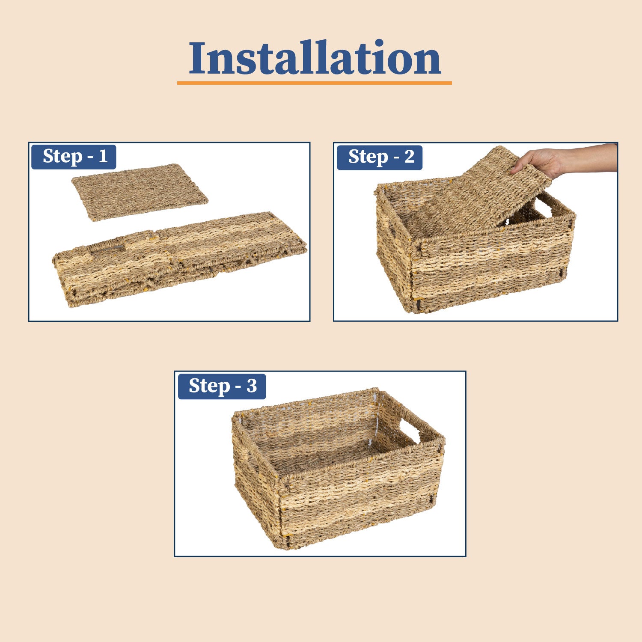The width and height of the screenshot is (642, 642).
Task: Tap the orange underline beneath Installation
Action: (315, 83)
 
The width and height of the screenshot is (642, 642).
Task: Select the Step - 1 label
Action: (74, 157)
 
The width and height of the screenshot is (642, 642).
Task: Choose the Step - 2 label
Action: (380, 157)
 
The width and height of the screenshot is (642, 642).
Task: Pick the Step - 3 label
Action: (222, 386)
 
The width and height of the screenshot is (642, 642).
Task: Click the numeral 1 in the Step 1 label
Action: (103, 156)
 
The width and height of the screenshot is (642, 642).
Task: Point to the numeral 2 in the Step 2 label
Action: (409, 157)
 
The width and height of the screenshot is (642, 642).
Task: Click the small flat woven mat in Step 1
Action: (140, 192)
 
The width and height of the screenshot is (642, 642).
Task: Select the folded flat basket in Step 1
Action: (180, 259)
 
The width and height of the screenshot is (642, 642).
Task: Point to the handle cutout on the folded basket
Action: (106, 248)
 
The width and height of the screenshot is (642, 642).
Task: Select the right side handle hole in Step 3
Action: (410, 432)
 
